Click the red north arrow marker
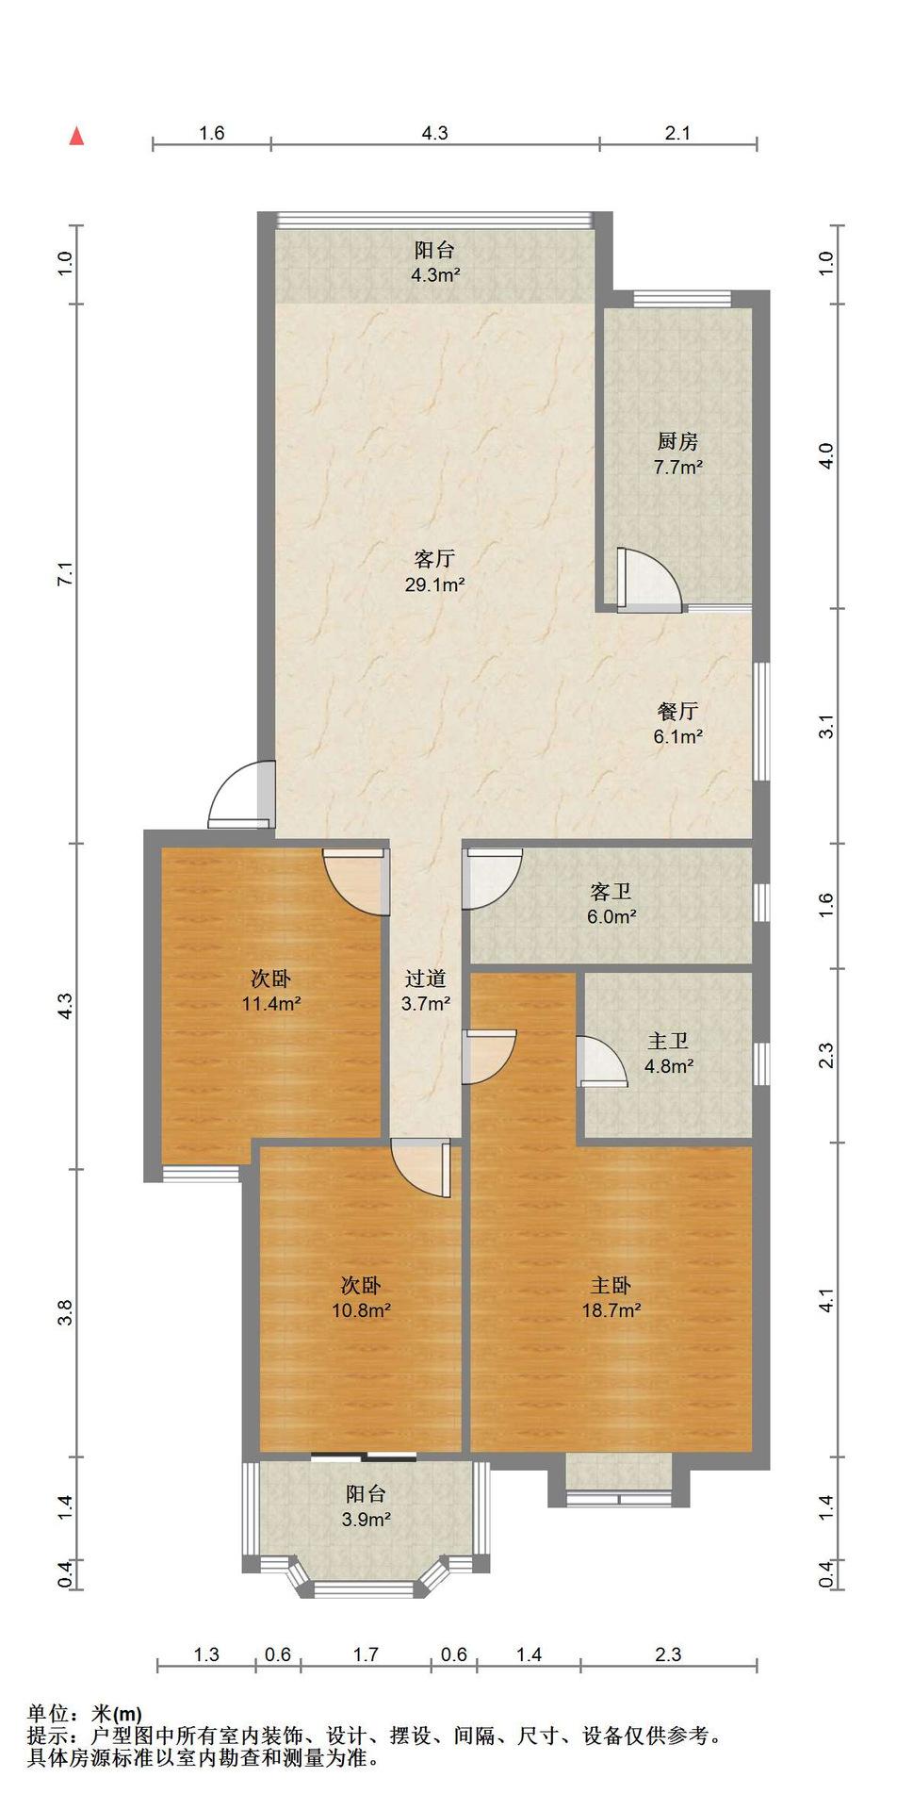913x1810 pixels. click(x=77, y=136)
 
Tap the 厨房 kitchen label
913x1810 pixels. click(x=677, y=441)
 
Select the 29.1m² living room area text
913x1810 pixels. click(x=434, y=584)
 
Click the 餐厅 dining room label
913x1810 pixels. click(x=677, y=712)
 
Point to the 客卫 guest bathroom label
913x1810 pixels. click(x=611, y=891)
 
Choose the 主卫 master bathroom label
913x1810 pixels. click(x=668, y=1042)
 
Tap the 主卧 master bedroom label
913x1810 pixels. click(x=611, y=1285)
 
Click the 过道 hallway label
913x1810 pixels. click(x=425, y=979)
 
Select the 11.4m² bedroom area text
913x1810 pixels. click(x=271, y=1004)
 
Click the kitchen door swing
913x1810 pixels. click(x=648, y=580)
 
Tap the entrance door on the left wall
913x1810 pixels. click(x=240, y=795)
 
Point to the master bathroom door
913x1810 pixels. click(x=603, y=1061)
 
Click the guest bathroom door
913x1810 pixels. click(x=492, y=879)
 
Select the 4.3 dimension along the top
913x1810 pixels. click(x=434, y=133)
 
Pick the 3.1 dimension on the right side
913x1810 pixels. click(x=826, y=728)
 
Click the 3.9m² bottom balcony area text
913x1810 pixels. click(x=366, y=1520)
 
